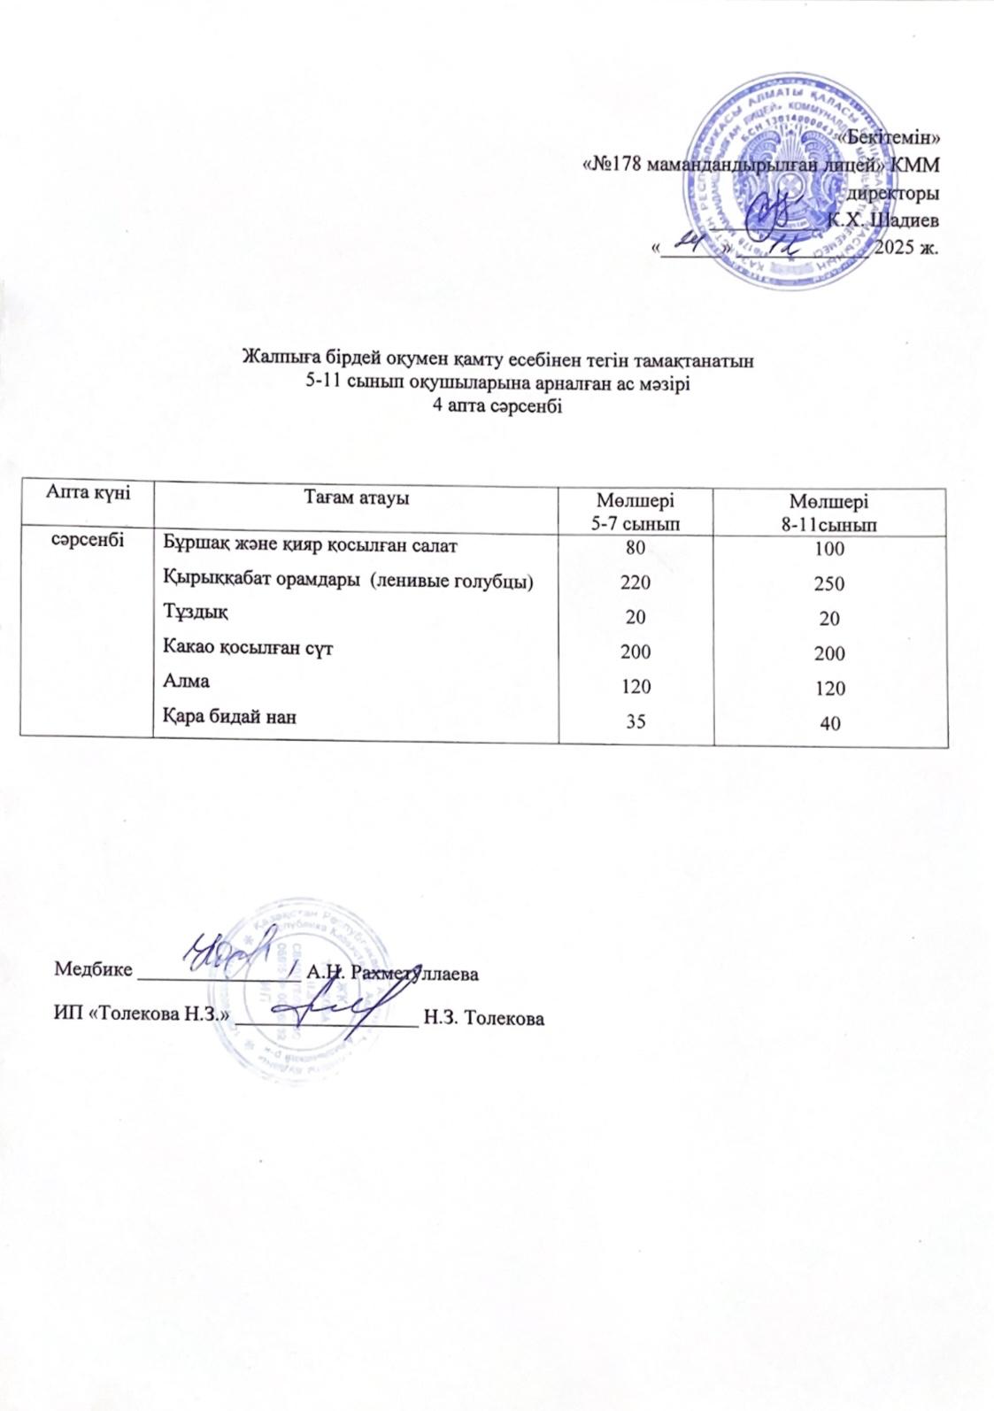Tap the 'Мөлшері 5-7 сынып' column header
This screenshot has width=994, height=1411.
pyautogui.click(x=635, y=510)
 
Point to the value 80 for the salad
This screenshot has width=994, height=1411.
pyautogui.click(x=635, y=548)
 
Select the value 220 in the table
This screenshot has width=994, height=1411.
pyautogui.click(x=635, y=582)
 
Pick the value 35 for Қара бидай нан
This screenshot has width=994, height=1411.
pyautogui.click(x=635, y=721)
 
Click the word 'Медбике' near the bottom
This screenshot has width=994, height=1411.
pyautogui.click(x=94, y=968)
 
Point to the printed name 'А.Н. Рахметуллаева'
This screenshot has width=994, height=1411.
pyautogui.click(x=391, y=973)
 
